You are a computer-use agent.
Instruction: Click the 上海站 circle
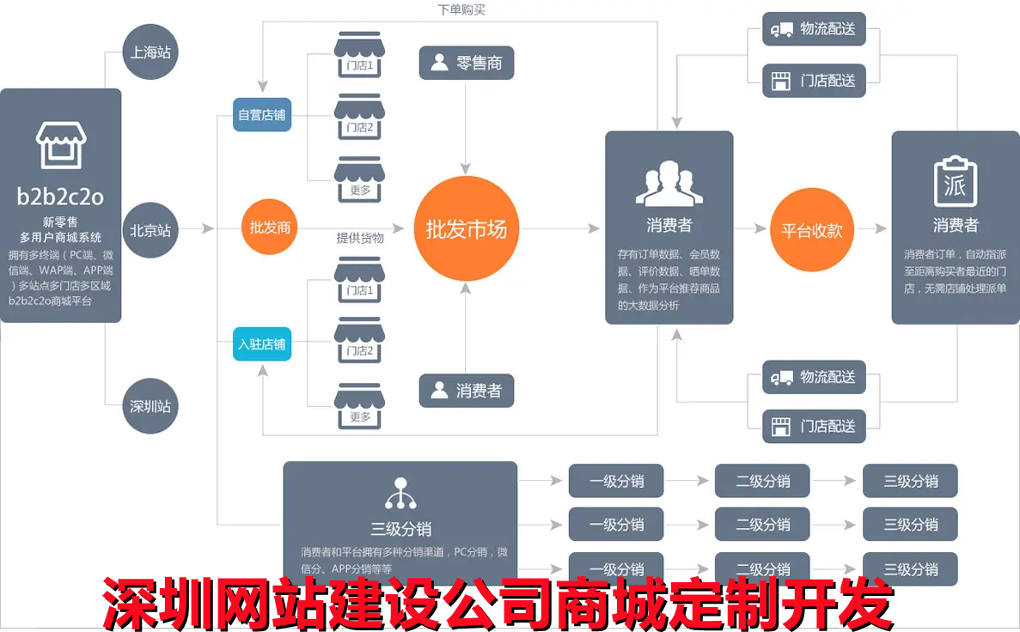click(x=150, y=52)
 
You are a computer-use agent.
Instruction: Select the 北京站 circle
click(x=150, y=230)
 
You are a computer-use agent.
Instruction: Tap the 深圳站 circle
click(x=150, y=406)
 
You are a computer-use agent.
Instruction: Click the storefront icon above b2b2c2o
click(x=60, y=145)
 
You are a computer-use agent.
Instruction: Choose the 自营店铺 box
click(x=262, y=115)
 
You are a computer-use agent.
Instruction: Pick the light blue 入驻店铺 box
click(x=262, y=344)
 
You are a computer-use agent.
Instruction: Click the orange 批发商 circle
click(x=270, y=228)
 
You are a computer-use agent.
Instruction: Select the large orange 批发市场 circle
click(x=467, y=229)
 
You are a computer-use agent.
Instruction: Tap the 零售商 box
click(x=467, y=63)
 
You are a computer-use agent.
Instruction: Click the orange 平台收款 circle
click(x=811, y=230)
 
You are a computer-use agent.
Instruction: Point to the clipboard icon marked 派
click(x=956, y=181)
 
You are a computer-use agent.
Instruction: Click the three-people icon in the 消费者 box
click(x=669, y=183)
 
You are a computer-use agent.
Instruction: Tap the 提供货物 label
click(x=360, y=238)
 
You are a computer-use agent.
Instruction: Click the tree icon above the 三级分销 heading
click(x=400, y=493)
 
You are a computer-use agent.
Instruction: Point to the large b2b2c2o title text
click(x=60, y=197)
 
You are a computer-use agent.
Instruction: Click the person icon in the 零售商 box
click(x=440, y=63)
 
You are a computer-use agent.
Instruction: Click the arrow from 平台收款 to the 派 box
click(x=870, y=229)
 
